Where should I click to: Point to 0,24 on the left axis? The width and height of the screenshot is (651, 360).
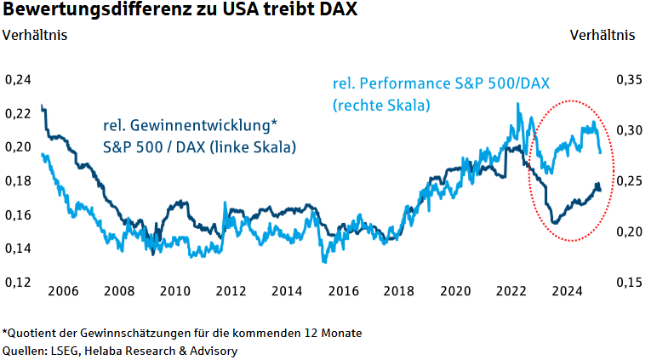point(18,80)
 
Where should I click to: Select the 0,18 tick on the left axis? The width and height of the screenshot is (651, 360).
point(18,181)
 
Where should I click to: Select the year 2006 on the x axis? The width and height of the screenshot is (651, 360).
point(64,291)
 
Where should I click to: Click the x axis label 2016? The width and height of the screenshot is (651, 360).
point(344,291)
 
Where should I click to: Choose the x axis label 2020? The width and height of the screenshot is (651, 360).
point(455,291)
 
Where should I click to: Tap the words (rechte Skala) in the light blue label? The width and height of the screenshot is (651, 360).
point(381,105)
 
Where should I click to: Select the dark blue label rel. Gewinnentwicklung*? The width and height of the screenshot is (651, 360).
point(190,125)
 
